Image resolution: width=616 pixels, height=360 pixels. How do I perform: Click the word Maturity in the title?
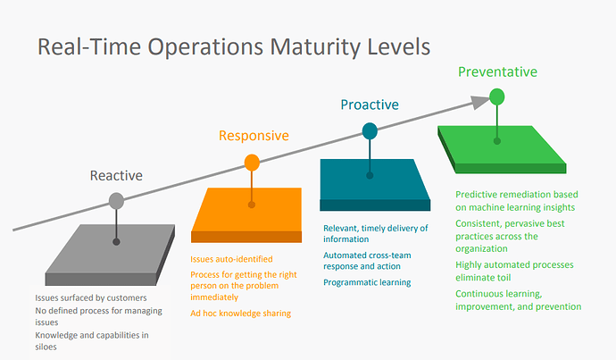tap(315, 47)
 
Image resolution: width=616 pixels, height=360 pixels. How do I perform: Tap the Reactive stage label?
tap(116, 175)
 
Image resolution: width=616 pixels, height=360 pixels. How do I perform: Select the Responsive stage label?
tap(254, 136)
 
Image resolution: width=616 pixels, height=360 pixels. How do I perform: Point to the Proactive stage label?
tap(370, 105)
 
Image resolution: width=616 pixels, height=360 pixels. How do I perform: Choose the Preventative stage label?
tap(498, 72)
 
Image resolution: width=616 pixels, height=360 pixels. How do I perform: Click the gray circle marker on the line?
tap(116, 201)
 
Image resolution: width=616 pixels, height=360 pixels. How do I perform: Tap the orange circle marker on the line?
tap(252, 163)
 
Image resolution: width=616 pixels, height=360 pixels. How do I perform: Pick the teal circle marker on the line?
tap(370, 131)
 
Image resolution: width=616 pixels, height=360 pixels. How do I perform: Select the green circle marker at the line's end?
tap(497, 96)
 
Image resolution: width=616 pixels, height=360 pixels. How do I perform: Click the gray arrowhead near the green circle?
tap(480, 102)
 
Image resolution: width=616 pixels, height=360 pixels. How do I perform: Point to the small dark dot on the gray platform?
tap(116, 242)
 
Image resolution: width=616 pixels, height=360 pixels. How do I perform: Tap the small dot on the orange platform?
tap(252, 205)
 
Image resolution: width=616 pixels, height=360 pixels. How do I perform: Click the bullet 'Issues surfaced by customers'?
tap(91, 297)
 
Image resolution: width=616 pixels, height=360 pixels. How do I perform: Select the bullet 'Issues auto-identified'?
tap(231, 259)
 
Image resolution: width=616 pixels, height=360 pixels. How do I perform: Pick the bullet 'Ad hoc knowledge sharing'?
tap(240, 314)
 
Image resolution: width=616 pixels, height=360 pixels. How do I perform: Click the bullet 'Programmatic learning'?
tap(367, 282)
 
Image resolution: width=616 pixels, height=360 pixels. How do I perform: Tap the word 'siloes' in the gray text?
tap(46, 347)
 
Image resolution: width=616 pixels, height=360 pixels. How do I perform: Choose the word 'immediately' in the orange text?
tap(214, 297)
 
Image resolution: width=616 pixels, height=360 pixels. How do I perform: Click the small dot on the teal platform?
tap(370, 176)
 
